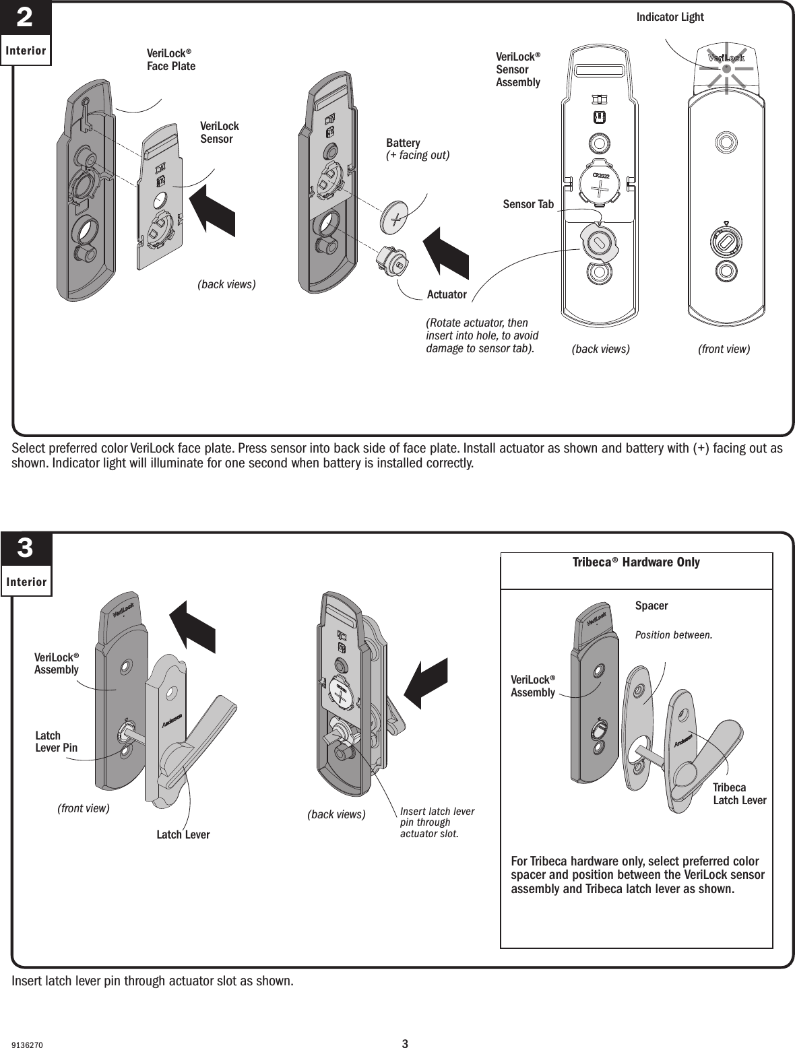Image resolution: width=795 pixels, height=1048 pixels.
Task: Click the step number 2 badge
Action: point(25,18)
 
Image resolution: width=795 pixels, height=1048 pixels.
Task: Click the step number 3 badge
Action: point(25,550)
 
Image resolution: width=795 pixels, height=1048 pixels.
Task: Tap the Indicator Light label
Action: point(670,18)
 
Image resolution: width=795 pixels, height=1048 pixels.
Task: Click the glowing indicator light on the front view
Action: point(726,68)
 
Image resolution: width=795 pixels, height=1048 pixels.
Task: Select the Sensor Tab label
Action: point(528,203)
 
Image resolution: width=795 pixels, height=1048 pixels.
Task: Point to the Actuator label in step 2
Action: point(447,294)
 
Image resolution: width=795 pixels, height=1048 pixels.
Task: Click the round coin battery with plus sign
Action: point(395,217)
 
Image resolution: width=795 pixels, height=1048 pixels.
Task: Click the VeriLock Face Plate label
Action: point(171,59)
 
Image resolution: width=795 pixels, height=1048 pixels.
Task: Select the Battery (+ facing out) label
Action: point(417,149)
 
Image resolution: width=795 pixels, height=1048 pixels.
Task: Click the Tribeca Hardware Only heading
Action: point(636,562)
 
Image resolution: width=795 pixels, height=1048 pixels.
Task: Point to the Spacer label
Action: point(651,605)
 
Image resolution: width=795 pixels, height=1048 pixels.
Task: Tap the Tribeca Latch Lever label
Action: point(739,794)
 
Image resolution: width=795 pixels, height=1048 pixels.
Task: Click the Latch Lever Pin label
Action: point(56,742)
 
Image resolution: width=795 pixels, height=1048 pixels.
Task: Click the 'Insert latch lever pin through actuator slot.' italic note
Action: point(437,822)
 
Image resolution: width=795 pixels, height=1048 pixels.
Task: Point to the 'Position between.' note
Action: point(674,634)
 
